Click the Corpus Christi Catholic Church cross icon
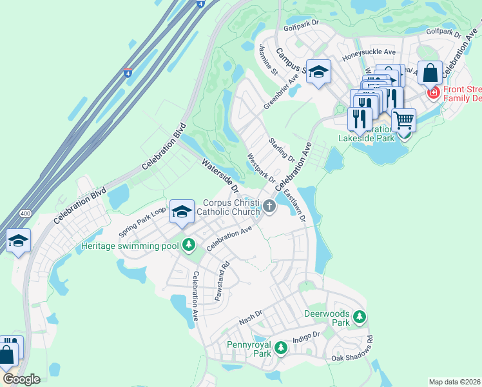tap(269, 206)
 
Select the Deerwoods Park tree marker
tap(360, 317)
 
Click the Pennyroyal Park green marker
tap(280, 348)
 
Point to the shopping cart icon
tap(404, 119)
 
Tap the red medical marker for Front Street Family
tap(433, 93)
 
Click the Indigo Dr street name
tap(306, 337)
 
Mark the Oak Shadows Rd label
tap(352, 349)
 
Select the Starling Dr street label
tap(282, 150)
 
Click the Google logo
tap(21, 379)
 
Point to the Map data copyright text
tap(454, 382)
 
